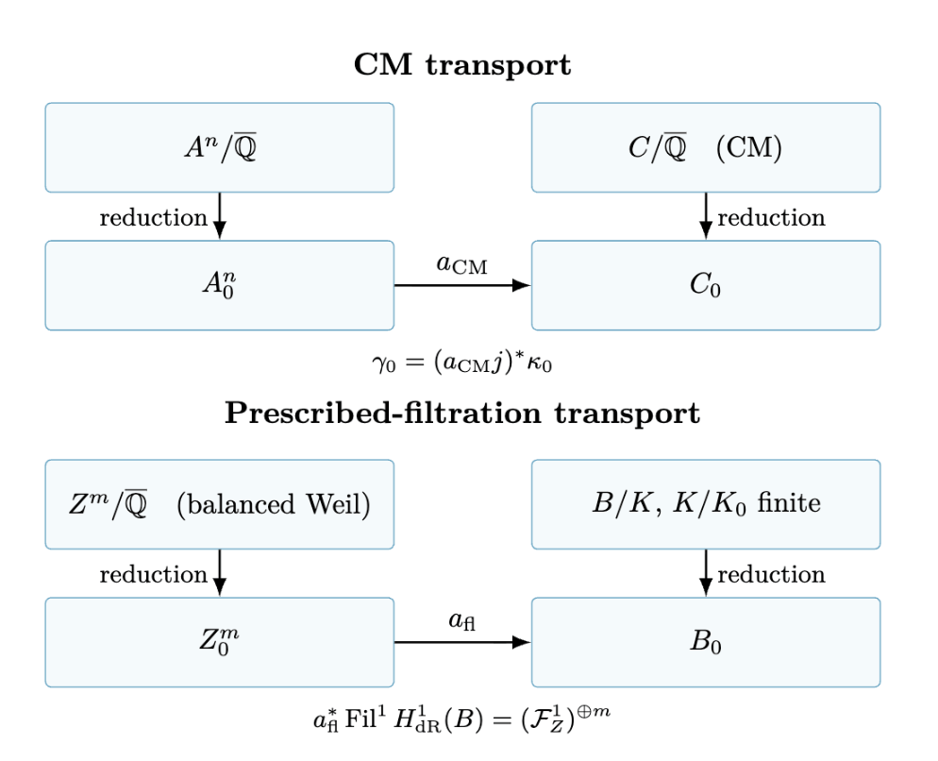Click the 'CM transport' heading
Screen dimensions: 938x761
(x=461, y=64)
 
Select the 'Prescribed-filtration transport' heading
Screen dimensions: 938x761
(x=461, y=414)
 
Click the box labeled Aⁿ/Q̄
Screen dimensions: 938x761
(x=220, y=147)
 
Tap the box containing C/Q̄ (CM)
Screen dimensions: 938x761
(x=706, y=147)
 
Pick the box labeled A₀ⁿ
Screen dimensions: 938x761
(x=220, y=285)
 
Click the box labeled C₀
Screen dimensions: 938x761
(x=706, y=285)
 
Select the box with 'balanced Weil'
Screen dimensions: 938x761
(x=220, y=504)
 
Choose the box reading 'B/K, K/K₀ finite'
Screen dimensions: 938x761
(x=706, y=504)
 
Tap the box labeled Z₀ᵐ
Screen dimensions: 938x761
(x=220, y=642)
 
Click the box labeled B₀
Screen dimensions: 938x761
(x=706, y=642)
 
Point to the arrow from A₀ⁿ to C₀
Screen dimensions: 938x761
(x=462, y=285)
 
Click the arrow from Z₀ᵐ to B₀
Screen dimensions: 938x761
(x=462, y=642)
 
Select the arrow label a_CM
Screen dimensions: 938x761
(x=461, y=264)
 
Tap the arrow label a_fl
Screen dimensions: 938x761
(x=461, y=620)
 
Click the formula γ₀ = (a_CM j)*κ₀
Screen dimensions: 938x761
(x=461, y=363)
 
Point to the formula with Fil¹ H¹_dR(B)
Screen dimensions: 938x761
(x=461, y=718)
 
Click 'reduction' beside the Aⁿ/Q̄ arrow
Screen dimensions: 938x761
(x=153, y=217)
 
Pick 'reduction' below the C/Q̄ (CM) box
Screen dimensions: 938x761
(x=771, y=217)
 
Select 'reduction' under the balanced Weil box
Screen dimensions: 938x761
(x=153, y=574)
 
